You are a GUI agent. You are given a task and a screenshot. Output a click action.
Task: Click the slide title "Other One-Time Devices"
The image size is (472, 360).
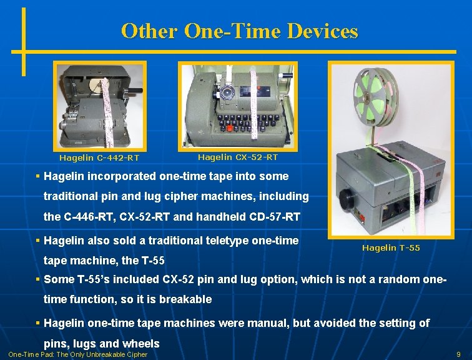click(240, 31)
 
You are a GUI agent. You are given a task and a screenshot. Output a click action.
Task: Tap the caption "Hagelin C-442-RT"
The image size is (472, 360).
click(99, 158)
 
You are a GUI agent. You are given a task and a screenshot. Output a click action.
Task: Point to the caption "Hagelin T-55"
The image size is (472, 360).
click(391, 248)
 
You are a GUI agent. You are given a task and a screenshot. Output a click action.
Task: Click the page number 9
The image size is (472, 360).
click(459, 354)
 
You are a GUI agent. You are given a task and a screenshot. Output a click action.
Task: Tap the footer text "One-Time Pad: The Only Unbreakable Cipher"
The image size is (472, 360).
click(78, 354)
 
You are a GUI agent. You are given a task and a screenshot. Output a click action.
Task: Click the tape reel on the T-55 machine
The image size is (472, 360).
click(376, 97)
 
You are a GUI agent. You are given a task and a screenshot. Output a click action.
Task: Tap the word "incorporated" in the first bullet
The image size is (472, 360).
click(125, 176)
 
